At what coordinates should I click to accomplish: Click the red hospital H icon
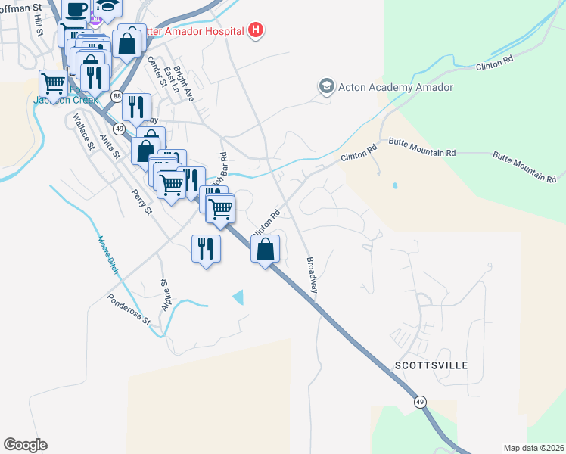coord(257,31)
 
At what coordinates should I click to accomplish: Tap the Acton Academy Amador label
coord(396,87)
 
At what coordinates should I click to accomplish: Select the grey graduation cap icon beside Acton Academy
coord(327,86)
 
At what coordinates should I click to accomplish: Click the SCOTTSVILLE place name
coord(431,365)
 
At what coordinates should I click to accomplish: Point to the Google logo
coord(25,445)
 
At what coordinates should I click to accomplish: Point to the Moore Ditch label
coord(108,254)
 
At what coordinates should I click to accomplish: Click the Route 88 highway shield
coord(117,96)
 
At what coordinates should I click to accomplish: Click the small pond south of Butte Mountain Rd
coord(394,185)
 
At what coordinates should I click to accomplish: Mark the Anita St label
coord(110,148)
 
